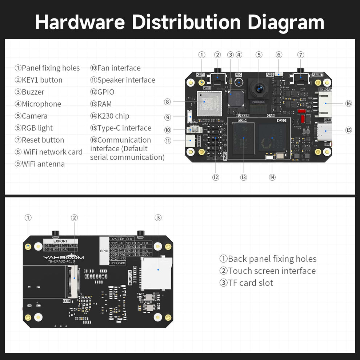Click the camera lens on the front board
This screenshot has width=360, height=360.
click(259, 88)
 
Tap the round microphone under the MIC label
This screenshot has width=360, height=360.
click(239, 81)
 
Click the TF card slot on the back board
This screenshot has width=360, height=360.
click(156, 273)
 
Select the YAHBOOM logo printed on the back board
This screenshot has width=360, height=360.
click(64, 257)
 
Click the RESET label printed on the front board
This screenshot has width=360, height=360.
click(317, 75)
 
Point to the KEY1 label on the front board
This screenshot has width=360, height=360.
click(200, 75)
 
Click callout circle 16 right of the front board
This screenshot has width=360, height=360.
click(348, 104)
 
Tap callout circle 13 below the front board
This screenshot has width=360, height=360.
click(243, 177)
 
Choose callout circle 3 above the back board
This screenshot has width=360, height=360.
click(158, 217)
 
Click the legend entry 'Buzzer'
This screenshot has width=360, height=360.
click(29, 92)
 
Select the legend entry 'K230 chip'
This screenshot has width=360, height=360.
click(109, 116)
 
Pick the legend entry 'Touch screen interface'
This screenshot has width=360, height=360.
click(268, 271)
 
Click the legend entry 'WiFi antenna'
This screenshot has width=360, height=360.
click(40, 164)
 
